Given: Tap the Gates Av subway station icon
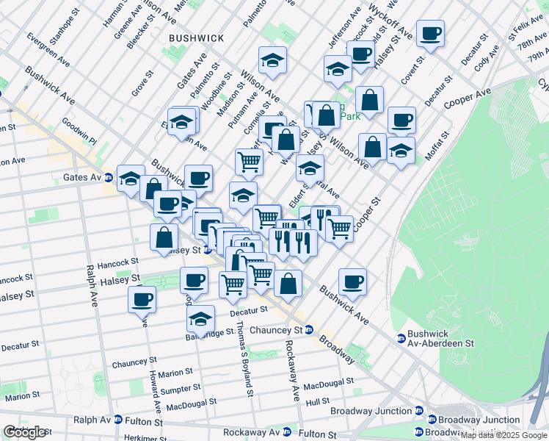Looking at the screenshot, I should (x=108, y=177).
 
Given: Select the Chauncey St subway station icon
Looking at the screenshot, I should (x=309, y=330).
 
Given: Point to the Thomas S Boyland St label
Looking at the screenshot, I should (x=244, y=354).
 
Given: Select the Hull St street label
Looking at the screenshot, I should (x=318, y=402).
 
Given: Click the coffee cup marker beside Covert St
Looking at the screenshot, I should (x=430, y=33).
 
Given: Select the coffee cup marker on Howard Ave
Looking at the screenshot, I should (x=142, y=298).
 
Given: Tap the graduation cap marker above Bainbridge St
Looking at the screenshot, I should (x=200, y=318).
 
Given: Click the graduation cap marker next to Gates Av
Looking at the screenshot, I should (x=131, y=178).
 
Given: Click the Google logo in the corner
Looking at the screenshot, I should (x=25, y=432).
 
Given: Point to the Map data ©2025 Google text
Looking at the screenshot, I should (x=503, y=435).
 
